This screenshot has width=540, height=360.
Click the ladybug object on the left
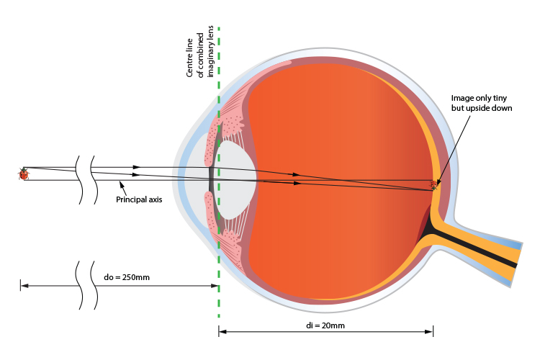23,174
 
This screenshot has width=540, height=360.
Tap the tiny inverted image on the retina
433,185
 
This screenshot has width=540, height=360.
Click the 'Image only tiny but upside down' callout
480,102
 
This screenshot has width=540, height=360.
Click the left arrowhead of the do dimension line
23,286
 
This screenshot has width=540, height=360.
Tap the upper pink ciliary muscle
222,119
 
